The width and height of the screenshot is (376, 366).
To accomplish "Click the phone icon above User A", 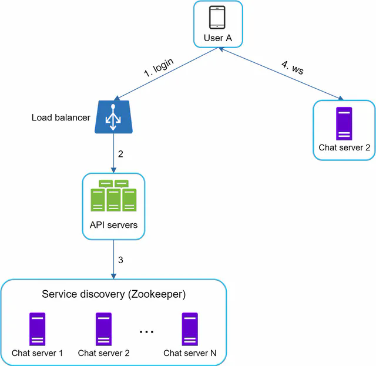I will [x=218, y=18].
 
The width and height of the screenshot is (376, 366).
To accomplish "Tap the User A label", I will [x=218, y=38].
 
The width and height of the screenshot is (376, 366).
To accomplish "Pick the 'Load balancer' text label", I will [x=61, y=117].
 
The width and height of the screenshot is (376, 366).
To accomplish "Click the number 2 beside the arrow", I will [x=120, y=155].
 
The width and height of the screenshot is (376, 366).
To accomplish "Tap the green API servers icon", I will [x=113, y=196].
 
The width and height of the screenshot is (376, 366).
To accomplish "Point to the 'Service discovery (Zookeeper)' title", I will [x=113, y=294].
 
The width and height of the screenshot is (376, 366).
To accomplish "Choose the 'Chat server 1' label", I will [x=37, y=353].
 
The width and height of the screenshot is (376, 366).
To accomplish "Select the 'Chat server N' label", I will [x=190, y=353].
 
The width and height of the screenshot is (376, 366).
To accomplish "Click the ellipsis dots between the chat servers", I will [x=146, y=332].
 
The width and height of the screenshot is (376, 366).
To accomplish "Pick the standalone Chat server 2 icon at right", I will [x=344, y=123].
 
